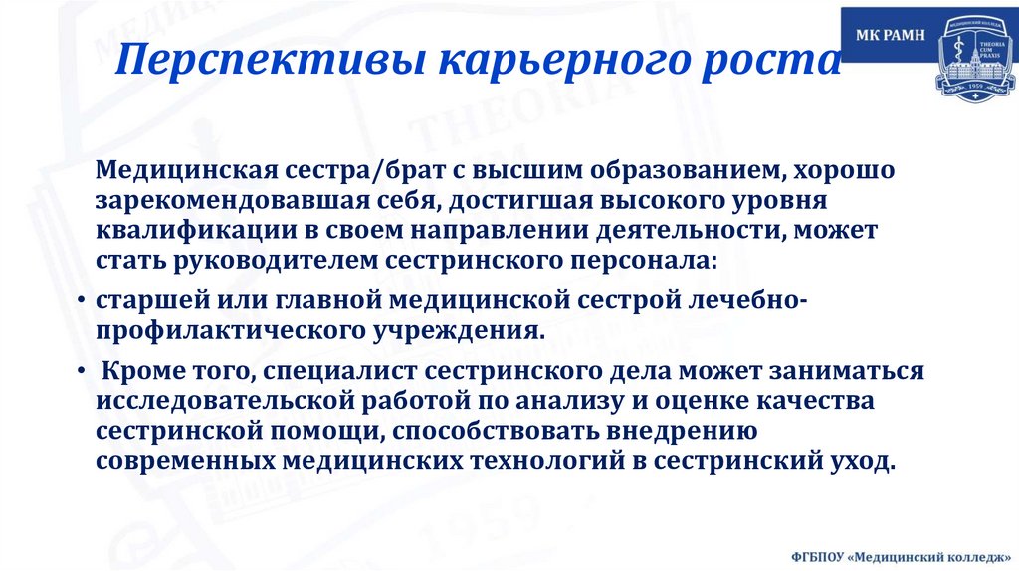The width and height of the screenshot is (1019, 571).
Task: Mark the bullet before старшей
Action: pos(80,300)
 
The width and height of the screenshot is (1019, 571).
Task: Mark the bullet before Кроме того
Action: pos(80,371)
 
